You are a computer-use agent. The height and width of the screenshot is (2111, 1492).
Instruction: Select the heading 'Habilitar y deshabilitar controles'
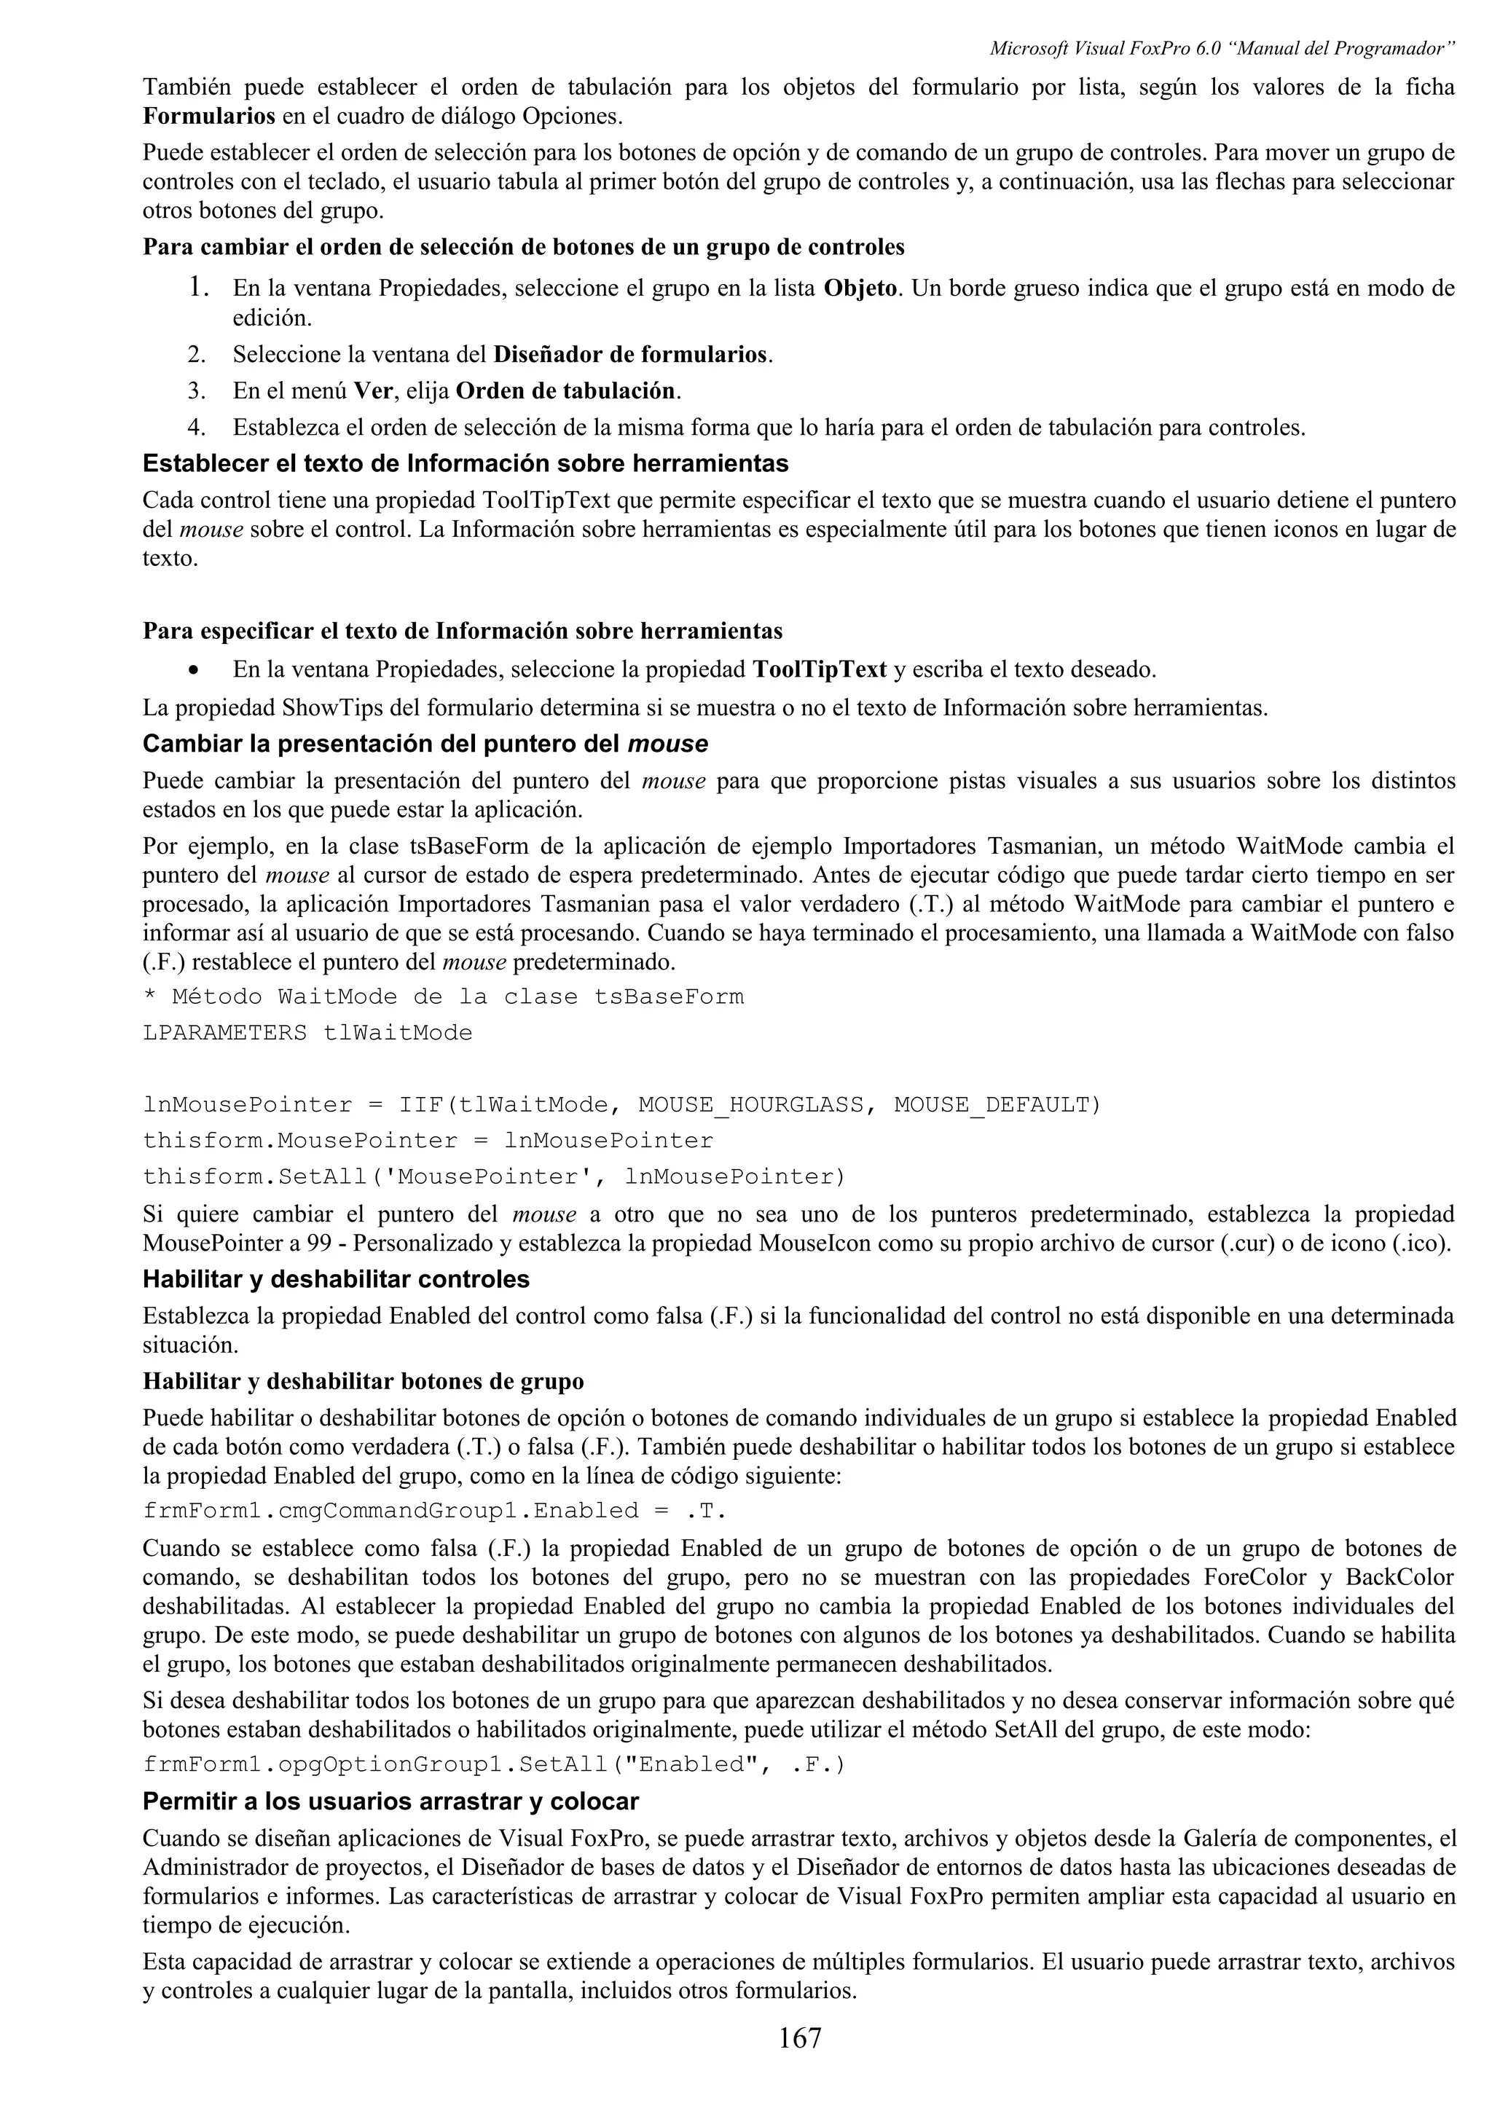click(336, 1279)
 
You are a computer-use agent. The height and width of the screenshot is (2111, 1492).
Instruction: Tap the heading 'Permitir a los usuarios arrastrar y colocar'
click(390, 1800)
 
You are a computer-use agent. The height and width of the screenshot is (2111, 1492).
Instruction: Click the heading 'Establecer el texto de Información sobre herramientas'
click(466, 463)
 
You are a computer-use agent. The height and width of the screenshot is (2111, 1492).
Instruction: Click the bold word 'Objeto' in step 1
click(860, 288)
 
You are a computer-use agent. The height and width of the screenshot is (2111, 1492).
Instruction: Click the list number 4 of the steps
click(195, 428)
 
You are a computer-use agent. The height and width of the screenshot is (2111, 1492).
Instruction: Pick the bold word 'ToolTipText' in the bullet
click(819, 669)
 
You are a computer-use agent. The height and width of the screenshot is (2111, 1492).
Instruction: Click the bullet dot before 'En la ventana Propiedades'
click(193, 670)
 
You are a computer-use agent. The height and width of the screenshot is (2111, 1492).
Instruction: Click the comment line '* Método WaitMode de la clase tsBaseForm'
click(443, 996)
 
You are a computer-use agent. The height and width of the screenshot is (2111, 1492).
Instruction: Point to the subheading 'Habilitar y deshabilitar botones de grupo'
click(363, 1381)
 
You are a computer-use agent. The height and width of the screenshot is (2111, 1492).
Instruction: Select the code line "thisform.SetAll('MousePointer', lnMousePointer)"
click(494, 1177)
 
